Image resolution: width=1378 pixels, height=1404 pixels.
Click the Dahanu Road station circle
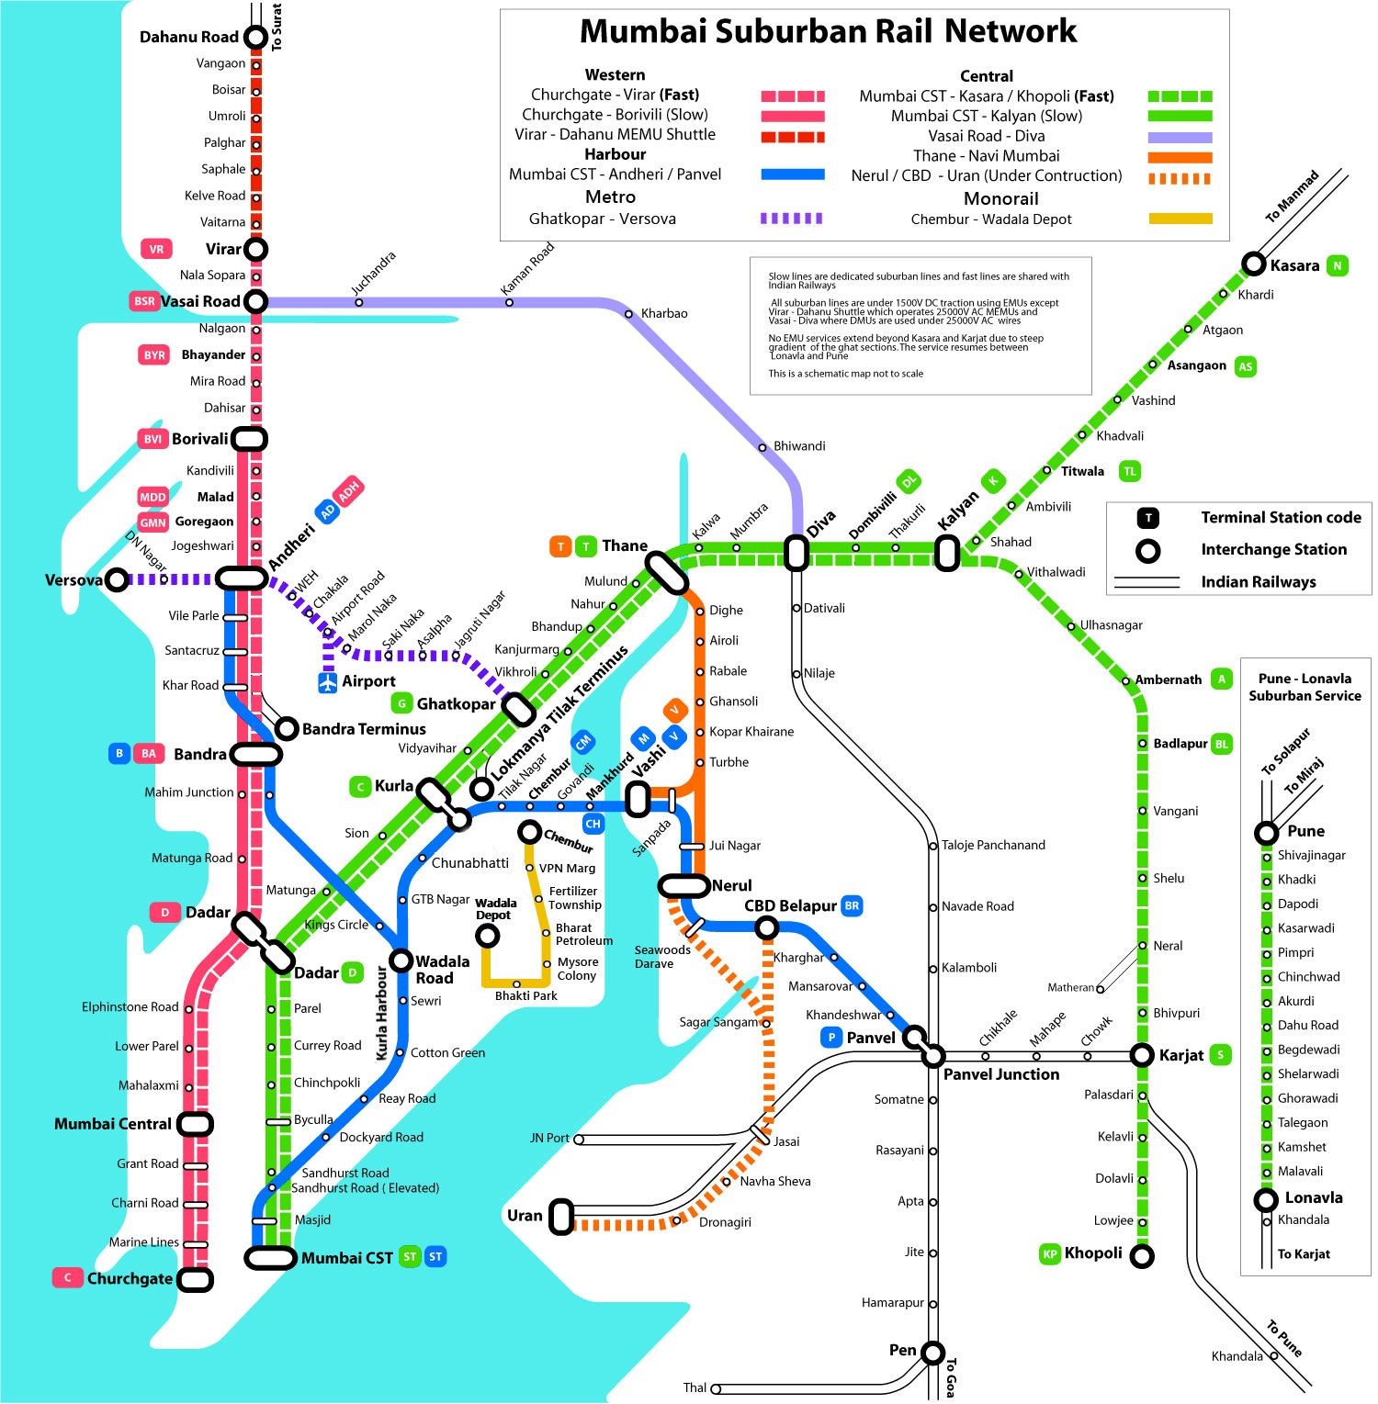point(255,38)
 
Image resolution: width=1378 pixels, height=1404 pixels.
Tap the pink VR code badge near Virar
point(156,249)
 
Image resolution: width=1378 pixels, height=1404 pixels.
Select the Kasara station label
point(1294,265)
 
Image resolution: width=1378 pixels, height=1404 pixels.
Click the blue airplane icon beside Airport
point(328,682)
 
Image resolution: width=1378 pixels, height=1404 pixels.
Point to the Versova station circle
point(116,580)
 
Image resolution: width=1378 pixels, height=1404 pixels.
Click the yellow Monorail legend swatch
point(1180,219)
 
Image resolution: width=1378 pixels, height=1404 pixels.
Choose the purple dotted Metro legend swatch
point(791,219)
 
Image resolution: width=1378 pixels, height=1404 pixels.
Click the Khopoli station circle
point(1141,1255)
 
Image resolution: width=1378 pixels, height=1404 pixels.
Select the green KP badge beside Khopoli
point(1049,1254)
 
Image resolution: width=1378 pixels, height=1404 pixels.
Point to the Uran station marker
point(562,1216)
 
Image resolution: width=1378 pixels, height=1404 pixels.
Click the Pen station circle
point(933,1353)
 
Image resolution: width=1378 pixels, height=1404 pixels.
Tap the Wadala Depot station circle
point(487,936)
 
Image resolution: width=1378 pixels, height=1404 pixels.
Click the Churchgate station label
point(130,1278)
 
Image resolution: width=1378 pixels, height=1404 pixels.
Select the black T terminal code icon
point(1147,518)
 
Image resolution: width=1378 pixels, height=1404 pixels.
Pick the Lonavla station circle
point(1266,1199)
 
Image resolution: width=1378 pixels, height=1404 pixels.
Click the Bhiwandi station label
point(799,446)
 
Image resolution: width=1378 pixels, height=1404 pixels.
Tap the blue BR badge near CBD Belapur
point(852,906)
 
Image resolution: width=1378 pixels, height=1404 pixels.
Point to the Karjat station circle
point(1142,1055)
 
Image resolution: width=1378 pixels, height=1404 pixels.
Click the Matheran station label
point(1071,988)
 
